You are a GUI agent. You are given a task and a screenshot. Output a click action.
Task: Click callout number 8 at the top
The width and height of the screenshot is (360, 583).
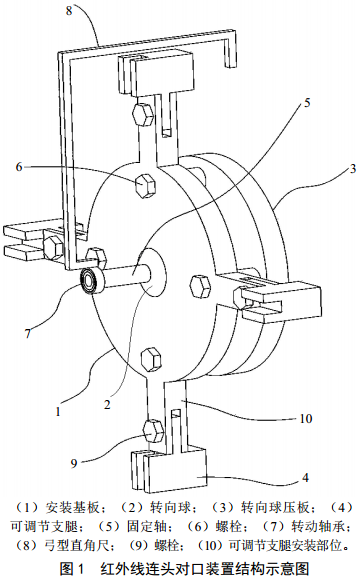[69, 10]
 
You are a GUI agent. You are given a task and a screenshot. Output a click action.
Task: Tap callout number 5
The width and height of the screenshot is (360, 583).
[307, 102]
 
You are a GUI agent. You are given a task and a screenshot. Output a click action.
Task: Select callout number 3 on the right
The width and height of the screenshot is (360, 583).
[352, 169]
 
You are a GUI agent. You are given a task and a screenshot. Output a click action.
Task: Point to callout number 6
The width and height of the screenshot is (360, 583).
[19, 167]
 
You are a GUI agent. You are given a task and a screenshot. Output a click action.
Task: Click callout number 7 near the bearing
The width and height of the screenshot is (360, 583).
[28, 333]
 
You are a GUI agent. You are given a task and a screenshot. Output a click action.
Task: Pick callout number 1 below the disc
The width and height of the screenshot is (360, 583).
[58, 411]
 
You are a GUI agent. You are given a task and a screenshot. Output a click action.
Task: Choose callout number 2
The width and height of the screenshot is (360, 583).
[107, 404]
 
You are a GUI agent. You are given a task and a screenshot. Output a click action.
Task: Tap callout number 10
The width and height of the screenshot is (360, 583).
[306, 419]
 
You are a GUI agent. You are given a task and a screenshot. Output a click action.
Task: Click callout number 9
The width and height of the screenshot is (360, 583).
[74, 463]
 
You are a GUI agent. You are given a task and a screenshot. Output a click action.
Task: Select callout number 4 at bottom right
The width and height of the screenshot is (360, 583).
[305, 477]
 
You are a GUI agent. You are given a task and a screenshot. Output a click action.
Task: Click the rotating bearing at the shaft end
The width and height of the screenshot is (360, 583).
[89, 281]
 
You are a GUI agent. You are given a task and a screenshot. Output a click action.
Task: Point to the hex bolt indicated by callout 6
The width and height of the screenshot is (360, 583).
[145, 185]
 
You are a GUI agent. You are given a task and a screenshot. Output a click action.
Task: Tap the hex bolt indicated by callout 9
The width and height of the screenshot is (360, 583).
[153, 431]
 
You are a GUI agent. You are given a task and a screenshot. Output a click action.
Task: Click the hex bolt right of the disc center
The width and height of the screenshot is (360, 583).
[201, 286]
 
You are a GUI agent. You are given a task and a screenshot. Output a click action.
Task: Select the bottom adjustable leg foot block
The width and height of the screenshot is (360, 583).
[169, 469]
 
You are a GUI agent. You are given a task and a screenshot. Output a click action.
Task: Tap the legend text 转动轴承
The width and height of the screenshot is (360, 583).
[318, 526]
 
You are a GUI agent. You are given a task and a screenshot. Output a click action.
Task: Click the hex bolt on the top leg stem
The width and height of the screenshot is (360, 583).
[142, 114]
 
